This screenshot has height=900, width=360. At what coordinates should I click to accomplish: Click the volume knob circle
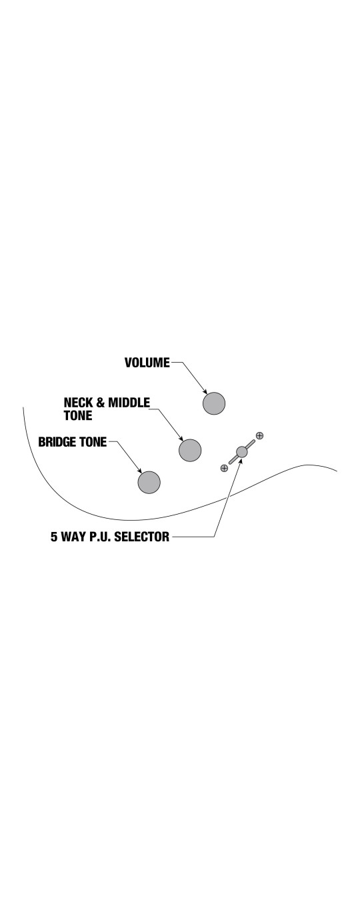click(x=214, y=403)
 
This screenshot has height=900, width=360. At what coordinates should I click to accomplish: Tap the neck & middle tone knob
click(x=190, y=450)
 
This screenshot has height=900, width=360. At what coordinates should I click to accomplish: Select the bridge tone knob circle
click(x=149, y=482)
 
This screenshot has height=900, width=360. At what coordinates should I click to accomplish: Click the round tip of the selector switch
click(x=242, y=451)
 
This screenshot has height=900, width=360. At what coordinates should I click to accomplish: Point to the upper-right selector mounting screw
click(x=259, y=435)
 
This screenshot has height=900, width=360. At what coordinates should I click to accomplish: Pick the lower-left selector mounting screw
click(x=224, y=468)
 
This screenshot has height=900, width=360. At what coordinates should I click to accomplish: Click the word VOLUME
click(x=147, y=363)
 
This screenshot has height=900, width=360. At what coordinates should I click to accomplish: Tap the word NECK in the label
click(x=79, y=403)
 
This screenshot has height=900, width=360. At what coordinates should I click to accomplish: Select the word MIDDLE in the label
click(x=129, y=403)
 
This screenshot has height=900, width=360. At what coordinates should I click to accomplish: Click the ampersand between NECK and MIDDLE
click(x=101, y=403)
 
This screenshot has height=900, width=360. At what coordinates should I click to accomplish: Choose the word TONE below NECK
click(x=78, y=415)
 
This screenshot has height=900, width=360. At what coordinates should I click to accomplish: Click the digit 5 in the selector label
click(x=54, y=537)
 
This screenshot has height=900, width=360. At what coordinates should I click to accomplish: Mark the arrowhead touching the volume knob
click(x=205, y=391)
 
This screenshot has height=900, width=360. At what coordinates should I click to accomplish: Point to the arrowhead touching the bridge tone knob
click(x=140, y=471)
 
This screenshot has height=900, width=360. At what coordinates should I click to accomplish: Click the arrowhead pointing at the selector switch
click(x=240, y=461)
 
